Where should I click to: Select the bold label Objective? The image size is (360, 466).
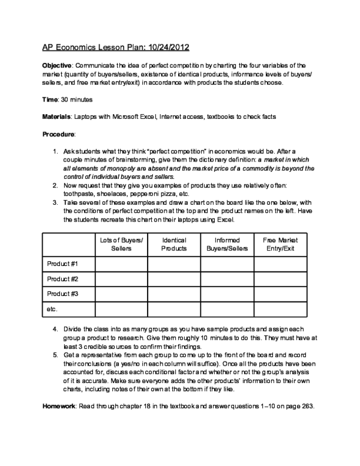point(57,65)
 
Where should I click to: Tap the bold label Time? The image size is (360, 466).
point(50,97)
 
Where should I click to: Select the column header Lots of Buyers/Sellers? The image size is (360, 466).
point(121,244)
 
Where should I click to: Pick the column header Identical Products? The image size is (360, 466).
point(174,244)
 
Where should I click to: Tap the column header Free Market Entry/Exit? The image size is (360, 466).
point(280,244)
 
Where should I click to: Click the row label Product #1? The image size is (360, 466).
point(62,264)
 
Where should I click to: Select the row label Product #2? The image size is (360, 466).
point(62,279)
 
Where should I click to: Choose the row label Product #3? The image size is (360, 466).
point(62,294)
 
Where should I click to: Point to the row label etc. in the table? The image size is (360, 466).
point(52,309)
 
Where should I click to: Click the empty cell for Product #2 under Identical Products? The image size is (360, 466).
point(174,279)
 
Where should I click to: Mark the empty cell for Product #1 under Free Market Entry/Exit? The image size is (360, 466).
point(280,264)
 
